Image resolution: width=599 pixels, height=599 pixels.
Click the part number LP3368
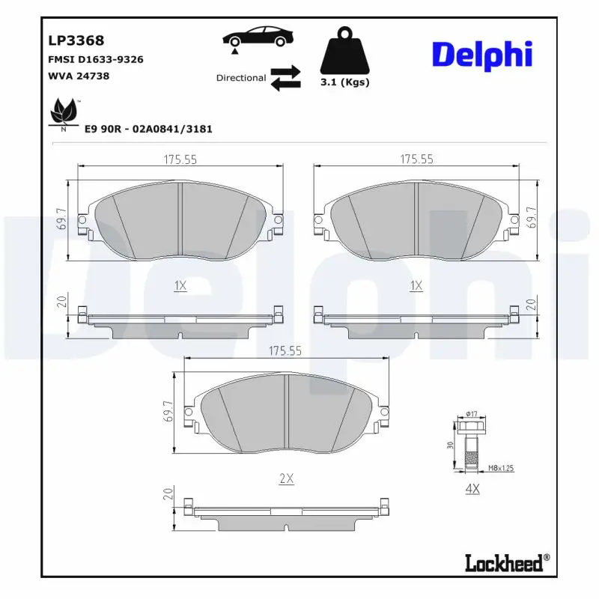tap(76, 41)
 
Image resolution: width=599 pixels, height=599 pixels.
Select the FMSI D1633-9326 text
tap(95, 59)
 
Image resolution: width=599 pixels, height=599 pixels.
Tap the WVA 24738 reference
tap(79, 76)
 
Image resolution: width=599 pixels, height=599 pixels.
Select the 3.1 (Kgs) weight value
tap(344, 82)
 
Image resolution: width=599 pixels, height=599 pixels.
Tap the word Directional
tap(240, 78)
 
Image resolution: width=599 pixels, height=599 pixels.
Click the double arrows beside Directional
tap(285, 78)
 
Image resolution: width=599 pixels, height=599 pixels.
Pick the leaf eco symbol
tap(63, 114)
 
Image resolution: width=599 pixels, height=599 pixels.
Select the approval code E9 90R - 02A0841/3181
tap(149, 129)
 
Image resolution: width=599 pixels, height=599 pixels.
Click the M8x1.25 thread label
tap(500, 469)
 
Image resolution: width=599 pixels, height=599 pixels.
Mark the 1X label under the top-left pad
tap(180, 285)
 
